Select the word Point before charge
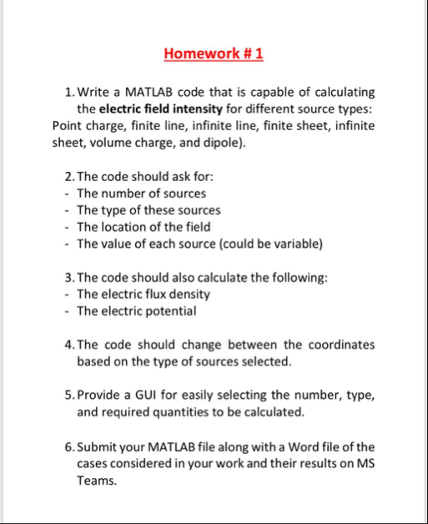68,126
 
